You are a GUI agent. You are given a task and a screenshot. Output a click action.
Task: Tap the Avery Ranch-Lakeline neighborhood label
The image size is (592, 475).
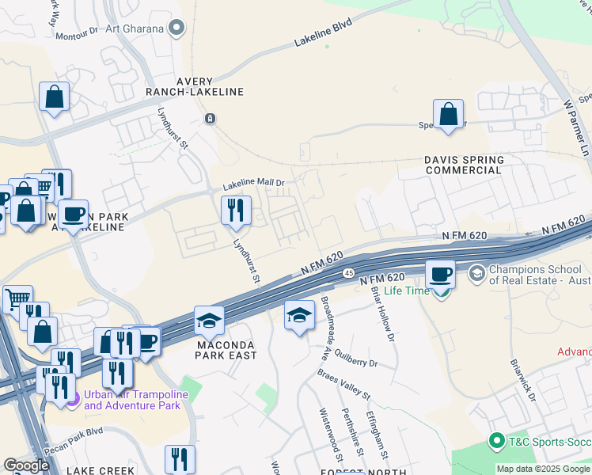click(194, 86)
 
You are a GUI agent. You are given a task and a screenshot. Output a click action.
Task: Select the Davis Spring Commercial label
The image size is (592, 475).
click(464, 164)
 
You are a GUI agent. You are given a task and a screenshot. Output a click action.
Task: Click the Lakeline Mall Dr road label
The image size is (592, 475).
click(252, 184)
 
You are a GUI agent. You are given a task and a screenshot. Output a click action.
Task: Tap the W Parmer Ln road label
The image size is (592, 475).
click(578, 127)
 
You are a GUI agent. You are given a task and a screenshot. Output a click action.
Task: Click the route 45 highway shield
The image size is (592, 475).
click(349, 272)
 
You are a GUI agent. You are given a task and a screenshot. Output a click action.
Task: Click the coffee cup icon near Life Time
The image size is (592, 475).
click(441, 274)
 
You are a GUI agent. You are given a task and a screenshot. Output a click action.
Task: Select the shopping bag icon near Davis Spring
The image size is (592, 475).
click(448, 113)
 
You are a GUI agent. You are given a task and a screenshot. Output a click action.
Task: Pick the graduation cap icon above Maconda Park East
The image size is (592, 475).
click(209, 320)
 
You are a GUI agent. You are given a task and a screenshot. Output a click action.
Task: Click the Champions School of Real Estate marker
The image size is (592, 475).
click(476, 274)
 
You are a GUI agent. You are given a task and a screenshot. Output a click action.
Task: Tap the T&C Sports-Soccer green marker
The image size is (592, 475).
click(497, 440)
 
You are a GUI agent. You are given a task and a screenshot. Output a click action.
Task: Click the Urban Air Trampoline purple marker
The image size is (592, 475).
click(73, 399)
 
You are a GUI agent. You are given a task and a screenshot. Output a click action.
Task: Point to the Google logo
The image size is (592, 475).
click(26, 465)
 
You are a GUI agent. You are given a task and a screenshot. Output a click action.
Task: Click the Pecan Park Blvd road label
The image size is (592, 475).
click(75, 433)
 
